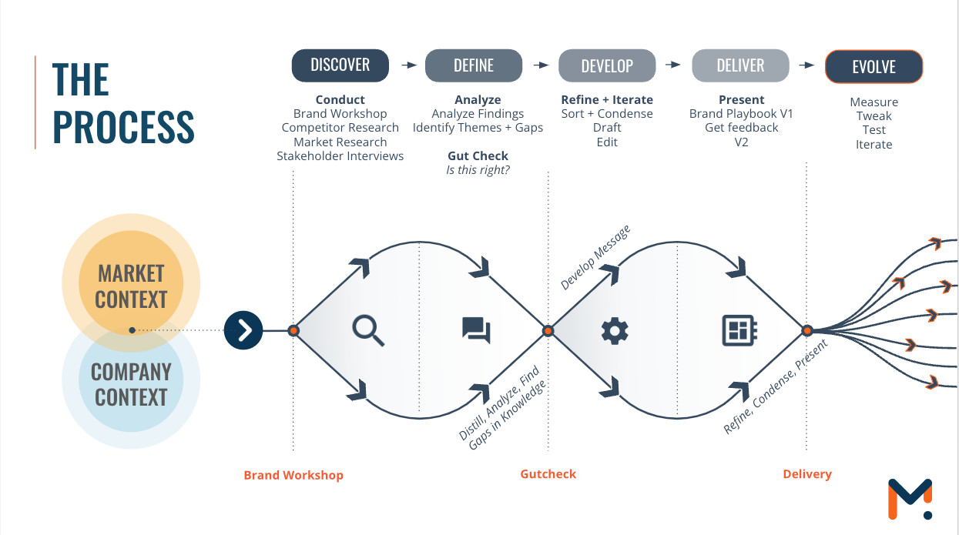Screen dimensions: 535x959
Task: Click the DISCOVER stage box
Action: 340,65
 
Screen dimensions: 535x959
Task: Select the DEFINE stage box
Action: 474,65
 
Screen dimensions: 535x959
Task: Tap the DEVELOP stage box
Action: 607,65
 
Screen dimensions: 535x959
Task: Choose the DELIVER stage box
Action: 740,65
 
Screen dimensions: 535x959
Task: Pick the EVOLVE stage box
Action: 873,67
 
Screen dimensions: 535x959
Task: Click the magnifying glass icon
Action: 368,330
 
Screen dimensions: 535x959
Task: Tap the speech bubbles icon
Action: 476,330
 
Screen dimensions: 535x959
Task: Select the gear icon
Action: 615,331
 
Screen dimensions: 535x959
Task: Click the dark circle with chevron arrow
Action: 243,331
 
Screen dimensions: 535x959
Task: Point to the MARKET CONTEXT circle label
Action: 131,286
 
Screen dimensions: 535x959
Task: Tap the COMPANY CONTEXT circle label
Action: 131,384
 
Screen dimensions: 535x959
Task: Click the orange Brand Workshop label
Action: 293,475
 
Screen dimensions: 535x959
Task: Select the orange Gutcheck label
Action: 548,474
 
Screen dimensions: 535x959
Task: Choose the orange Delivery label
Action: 807,474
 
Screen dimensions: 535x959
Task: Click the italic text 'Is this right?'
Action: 478,170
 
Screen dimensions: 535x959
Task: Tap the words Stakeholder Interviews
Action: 340,156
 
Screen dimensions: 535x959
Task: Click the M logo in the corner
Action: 910,499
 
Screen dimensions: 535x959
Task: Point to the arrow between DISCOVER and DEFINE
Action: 409,65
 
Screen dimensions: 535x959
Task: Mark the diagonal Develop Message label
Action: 595,258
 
